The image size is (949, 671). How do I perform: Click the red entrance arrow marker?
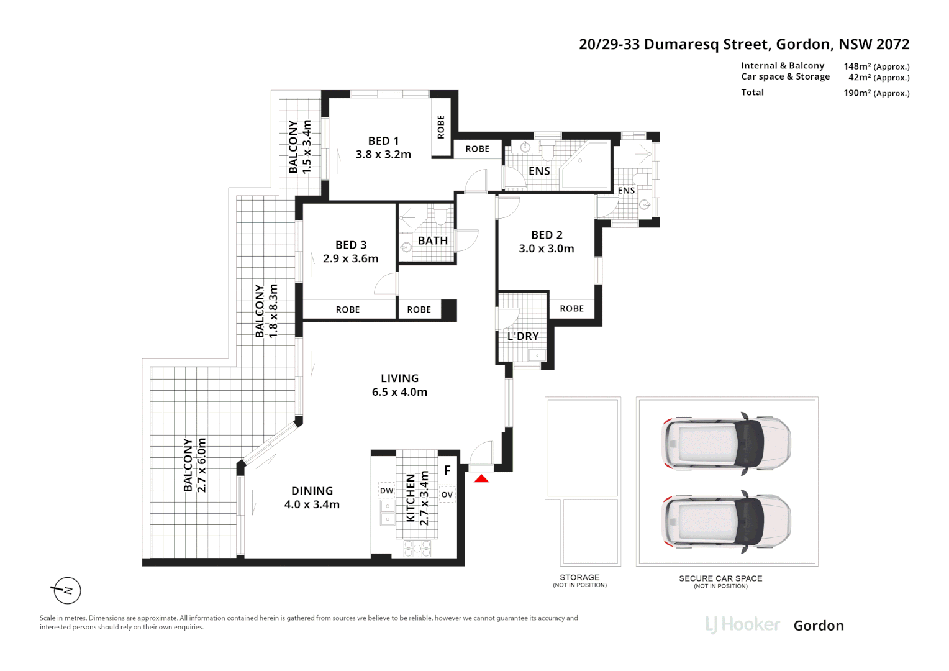pos(481,478)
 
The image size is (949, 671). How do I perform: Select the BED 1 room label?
pos(383,140)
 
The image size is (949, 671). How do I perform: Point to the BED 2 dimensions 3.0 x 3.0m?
pos(547,249)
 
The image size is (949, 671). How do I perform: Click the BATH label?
pos(432,240)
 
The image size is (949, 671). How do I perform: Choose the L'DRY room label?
pos(523,335)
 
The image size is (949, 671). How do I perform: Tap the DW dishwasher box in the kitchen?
pos(386,490)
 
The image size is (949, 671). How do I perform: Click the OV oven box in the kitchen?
pos(447,495)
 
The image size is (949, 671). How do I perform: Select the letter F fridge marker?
pos(447,470)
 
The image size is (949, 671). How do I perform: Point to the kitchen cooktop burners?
pos(417,548)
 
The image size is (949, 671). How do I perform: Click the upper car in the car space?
pos(726,444)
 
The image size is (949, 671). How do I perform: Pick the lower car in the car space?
pos(726,521)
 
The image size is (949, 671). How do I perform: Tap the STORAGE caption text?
pos(579,577)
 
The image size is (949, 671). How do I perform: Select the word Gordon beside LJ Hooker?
pos(819,626)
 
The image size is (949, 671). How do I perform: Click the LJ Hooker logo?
pos(743,625)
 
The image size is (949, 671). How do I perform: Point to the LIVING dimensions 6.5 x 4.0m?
pos(399,391)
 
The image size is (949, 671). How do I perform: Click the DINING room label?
pos(312,490)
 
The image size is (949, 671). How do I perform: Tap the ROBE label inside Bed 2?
pos(572,308)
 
